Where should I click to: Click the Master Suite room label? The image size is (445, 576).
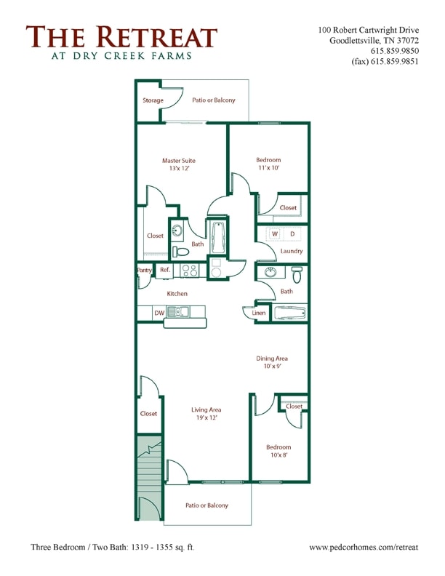[x=178, y=164]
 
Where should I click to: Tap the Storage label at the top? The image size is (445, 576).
[x=153, y=100]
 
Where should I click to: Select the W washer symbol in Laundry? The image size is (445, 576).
[x=276, y=234]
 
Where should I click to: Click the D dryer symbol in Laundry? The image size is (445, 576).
[x=293, y=234]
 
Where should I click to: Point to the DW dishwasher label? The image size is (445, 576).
[x=159, y=313]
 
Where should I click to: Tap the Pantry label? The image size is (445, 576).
[x=144, y=270]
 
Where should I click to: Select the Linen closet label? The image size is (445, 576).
[x=259, y=313]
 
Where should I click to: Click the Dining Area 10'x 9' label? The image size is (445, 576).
[x=272, y=362]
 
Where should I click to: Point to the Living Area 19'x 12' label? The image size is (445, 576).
[x=206, y=414]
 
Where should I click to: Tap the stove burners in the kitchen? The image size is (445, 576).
[x=189, y=271]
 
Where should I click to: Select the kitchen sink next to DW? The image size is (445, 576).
[x=177, y=312]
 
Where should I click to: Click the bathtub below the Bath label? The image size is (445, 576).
[x=290, y=314]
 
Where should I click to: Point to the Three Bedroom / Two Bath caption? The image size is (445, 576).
[x=112, y=545]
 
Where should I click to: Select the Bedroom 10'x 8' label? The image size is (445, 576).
[x=278, y=452]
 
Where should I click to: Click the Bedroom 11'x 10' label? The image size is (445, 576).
[x=268, y=164]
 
